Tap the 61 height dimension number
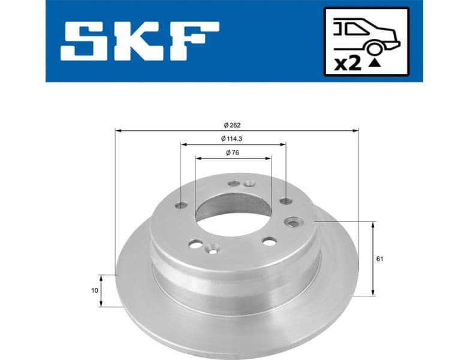tap(380, 259)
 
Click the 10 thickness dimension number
tap(95, 290)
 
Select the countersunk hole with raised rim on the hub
tap(294, 222)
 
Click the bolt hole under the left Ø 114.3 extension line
tap(181, 205)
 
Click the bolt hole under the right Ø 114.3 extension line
tap(286, 201)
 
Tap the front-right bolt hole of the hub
tap(269, 241)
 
